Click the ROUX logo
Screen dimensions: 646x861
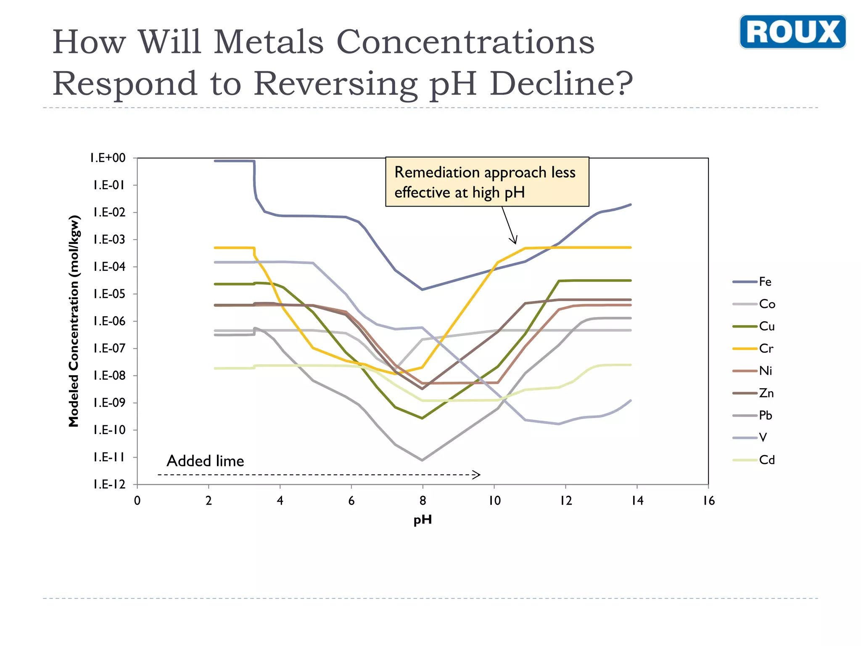[x=792, y=32]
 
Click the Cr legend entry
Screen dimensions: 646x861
[x=753, y=349]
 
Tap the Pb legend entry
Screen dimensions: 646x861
[x=753, y=416]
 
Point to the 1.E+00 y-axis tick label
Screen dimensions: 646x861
[x=108, y=158]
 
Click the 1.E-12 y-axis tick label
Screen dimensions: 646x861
[x=109, y=484]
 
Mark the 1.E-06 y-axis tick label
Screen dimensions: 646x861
[x=109, y=321]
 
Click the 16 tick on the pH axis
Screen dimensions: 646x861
[x=708, y=501]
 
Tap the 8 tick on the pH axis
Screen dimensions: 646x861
[x=423, y=501]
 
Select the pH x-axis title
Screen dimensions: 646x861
[x=423, y=520]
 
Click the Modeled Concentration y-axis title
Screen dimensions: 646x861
[x=74, y=321]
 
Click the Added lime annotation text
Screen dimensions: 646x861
[x=205, y=461]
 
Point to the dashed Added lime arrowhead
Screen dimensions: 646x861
[x=477, y=475]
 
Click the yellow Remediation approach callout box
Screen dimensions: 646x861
[x=487, y=182]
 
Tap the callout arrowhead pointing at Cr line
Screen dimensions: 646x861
[x=514, y=242]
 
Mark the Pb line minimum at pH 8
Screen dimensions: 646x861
[x=422, y=460]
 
